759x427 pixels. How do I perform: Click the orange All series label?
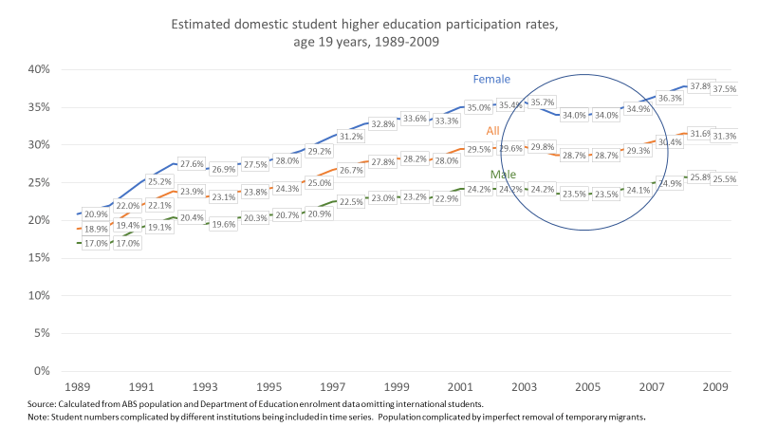pos(493,131)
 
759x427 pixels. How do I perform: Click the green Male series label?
pos(504,176)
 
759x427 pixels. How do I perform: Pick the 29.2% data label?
pos(319,151)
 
